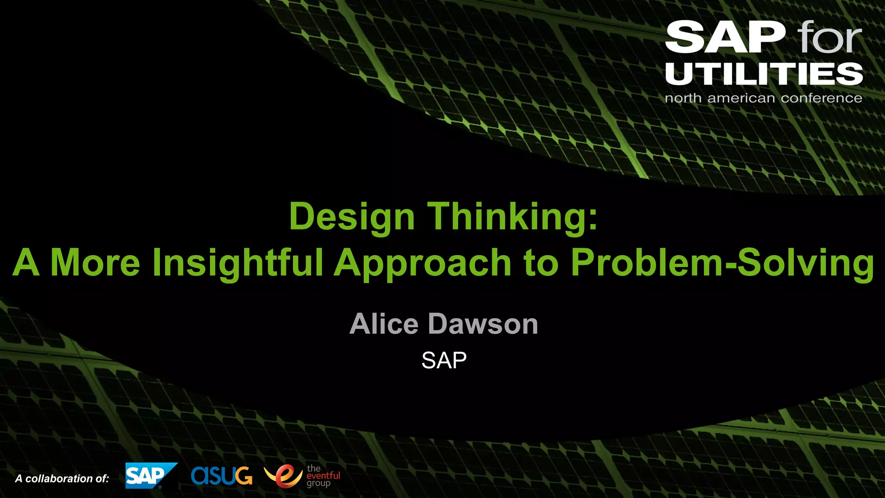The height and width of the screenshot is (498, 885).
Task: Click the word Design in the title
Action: (352, 217)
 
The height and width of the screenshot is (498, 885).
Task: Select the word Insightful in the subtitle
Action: (238, 262)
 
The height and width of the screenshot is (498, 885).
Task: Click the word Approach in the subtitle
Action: (423, 263)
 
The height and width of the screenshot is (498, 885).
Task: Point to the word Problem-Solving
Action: (722, 262)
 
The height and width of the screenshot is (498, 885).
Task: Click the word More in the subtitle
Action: (95, 262)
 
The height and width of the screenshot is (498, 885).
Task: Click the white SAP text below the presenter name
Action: (444, 360)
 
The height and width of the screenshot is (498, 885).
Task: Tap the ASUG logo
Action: (221, 476)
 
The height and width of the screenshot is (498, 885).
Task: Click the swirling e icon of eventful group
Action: (283, 476)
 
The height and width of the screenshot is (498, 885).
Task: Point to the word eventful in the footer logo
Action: (323, 476)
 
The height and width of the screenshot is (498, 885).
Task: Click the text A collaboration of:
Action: (62, 479)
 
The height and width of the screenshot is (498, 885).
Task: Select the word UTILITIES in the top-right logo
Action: (764, 73)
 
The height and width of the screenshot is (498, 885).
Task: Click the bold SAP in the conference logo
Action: (725, 38)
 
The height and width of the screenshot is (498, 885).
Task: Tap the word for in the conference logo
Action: (829, 38)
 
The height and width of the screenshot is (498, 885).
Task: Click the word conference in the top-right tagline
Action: (821, 98)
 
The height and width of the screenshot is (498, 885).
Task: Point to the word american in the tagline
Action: (741, 98)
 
